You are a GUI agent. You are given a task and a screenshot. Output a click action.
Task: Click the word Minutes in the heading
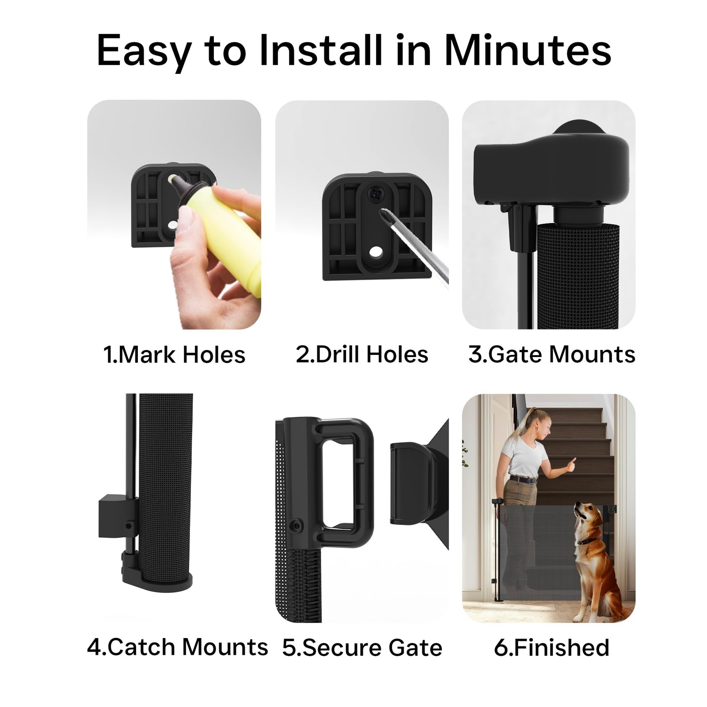[x=528, y=50]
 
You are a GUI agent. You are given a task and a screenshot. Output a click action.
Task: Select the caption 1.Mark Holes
[x=174, y=355]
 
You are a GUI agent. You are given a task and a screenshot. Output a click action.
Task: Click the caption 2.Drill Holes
[x=362, y=355]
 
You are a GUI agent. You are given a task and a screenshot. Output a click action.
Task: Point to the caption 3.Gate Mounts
[x=552, y=355]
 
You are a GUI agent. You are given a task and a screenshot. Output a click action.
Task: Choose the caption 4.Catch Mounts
[x=178, y=647]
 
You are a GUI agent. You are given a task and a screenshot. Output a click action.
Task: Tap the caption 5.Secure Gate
[x=362, y=648]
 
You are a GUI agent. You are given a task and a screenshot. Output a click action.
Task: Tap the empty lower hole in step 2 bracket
[x=377, y=252]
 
